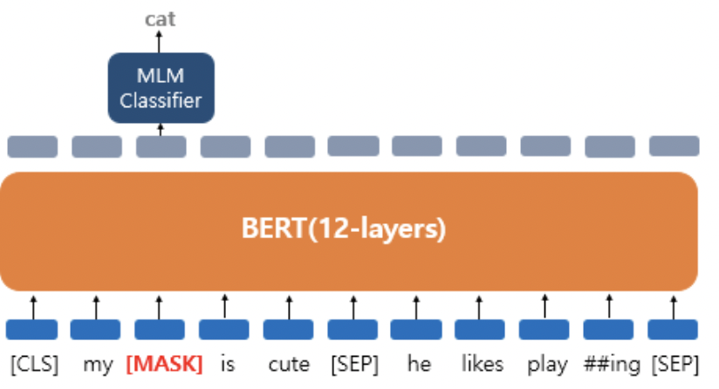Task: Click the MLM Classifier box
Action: tap(161, 87)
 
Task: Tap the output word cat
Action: tap(161, 18)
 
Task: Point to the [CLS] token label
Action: tap(34, 364)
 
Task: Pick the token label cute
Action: tap(289, 364)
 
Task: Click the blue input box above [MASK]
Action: tap(161, 330)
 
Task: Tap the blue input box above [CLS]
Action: tap(32, 330)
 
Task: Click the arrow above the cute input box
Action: tap(289, 306)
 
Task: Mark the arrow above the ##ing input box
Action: tap(609, 306)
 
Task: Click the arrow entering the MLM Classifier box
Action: tap(161, 129)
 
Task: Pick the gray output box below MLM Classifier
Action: tap(161, 147)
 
